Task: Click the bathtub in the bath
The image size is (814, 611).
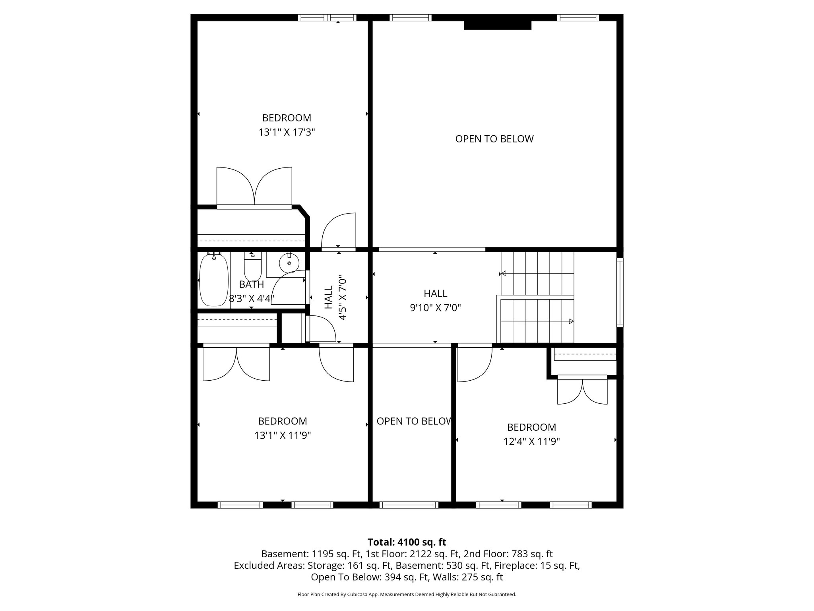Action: click(x=214, y=280)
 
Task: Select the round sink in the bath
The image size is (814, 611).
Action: click(x=289, y=263)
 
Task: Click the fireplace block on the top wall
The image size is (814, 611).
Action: click(x=497, y=25)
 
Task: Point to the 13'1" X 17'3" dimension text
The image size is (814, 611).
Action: click(x=287, y=132)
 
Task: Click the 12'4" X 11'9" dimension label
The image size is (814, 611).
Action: click(x=531, y=442)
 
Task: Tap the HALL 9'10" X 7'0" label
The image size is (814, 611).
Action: click(x=435, y=300)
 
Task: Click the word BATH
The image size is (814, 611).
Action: click(x=251, y=284)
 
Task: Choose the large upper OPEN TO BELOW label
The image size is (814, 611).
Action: click(x=494, y=139)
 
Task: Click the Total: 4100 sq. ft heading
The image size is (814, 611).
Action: click(x=407, y=542)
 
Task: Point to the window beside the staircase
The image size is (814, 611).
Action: click(x=620, y=292)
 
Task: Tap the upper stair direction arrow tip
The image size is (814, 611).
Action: click(x=503, y=273)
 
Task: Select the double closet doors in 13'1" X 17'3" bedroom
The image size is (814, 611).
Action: click(x=254, y=186)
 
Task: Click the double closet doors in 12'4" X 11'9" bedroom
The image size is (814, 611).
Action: click(x=582, y=391)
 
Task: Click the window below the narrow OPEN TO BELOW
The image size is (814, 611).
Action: click(x=409, y=505)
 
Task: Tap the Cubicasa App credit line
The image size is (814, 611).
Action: click(x=407, y=595)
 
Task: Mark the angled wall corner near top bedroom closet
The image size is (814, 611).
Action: click(x=304, y=212)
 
